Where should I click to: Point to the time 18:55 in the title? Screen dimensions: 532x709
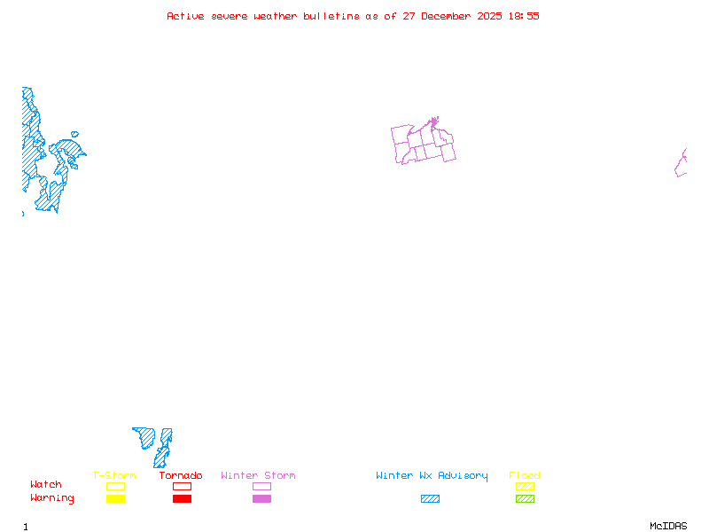tap(523, 16)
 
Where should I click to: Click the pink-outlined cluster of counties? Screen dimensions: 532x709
tap(424, 143)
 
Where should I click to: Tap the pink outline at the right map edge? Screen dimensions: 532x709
tap(681, 163)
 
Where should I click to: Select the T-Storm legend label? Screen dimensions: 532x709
tap(114, 475)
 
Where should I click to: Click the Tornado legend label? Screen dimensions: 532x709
tap(181, 475)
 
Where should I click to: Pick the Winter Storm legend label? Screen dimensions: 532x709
tap(258, 475)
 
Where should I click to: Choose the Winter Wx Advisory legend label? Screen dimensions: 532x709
tap(432, 475)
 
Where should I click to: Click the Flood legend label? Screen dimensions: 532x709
tap(525, 475)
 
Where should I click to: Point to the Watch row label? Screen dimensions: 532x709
tap(46, 485)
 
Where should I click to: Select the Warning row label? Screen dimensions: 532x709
tap(52, 498)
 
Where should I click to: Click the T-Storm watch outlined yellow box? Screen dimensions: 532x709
tap(115, 486)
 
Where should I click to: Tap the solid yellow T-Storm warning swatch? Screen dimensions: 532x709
tap(115, 498)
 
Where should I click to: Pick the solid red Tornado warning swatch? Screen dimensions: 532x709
tap(182, 498)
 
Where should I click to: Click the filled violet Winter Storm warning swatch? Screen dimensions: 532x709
tap(261, 498)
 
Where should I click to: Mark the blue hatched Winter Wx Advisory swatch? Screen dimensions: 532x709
tap(430, 498)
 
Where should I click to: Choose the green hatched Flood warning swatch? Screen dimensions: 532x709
tap(525, 498)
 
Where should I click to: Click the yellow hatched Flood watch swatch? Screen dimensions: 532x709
tap(525, 486)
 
